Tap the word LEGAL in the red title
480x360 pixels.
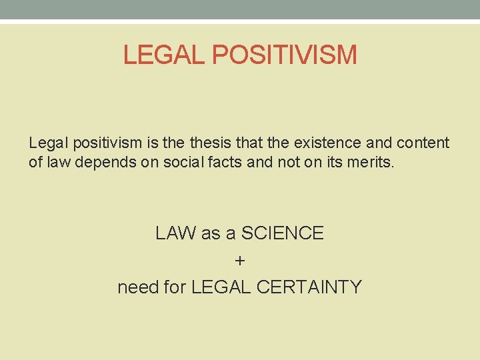coord(165,55)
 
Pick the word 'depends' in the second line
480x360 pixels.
coord(100,162)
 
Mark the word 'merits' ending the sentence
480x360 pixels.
coord(373,162)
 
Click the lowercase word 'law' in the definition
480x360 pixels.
coord(56,162)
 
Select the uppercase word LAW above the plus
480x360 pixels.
coord(175,233)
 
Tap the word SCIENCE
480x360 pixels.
coord(282,233)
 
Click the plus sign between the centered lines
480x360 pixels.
coord(240,260)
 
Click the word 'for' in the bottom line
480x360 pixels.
coord(175,287)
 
